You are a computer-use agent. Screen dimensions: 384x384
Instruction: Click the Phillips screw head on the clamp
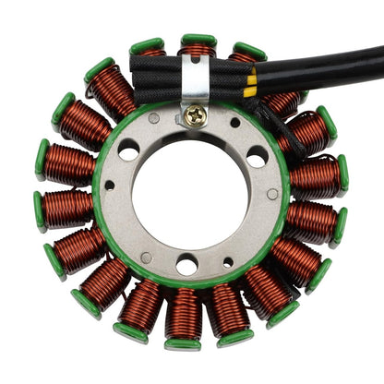[195, 115]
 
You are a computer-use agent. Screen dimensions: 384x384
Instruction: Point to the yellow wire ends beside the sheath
[250, 86]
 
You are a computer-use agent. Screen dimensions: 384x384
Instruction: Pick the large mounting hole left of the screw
[128, 150]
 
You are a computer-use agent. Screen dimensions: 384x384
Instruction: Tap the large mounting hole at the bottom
[186, 265]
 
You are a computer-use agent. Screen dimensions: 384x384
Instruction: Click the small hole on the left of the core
[110, 185]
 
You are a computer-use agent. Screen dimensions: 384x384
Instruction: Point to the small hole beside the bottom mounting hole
[228, 262]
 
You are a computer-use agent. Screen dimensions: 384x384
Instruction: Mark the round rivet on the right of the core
[272, 194]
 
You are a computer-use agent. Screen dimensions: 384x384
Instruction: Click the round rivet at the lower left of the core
[146, 258]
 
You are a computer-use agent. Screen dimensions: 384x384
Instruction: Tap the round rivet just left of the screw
[153, 118]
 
